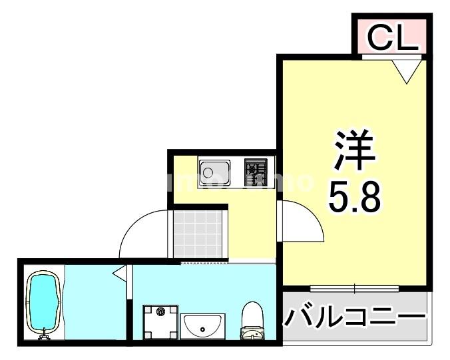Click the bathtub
coord(44,302)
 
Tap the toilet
coord(253,319)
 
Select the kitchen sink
coord(214,173)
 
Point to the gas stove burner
coord(255,172)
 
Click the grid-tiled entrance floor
coord(198,234)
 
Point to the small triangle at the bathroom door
coord(120,273)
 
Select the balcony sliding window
coord(355,289)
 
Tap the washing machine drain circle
coord(160,311)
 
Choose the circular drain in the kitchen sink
coord(208,174)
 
